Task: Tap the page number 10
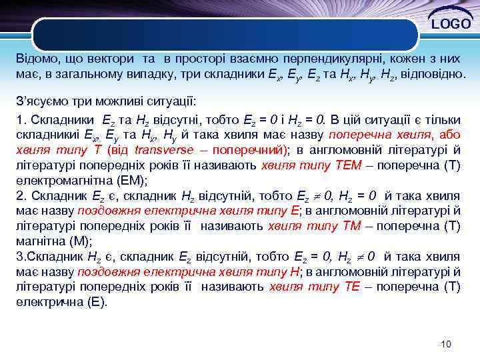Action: pyautogui.click(x=446, y=344)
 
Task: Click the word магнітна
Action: pyautogui.click(x=40, y=241)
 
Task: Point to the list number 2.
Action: pyautogui.click(x=19, y=195)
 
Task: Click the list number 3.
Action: pyautogui.click(x=19, y=257)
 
